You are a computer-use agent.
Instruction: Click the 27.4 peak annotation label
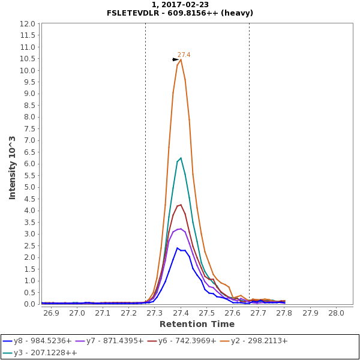pyautogui.click(x=184, y=55)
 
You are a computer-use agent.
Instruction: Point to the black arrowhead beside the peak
pyautogui.click(x=175, y=59)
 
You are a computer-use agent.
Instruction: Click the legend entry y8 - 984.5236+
pyautogui.click(x=37, y=341)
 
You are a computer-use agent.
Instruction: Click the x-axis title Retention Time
pyautogui.click(x=196, y=325)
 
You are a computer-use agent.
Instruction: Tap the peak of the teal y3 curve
pyautogui.click(x=181, y=158)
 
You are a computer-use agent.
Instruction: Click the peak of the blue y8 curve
pyautogui.click(x=177, y=248)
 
